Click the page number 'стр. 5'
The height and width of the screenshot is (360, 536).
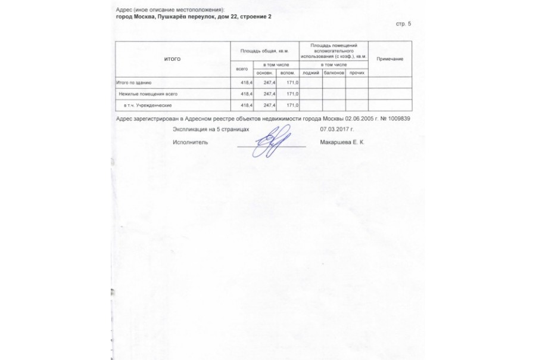coord(403,24)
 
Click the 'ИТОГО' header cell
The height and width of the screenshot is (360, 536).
coord(172,58)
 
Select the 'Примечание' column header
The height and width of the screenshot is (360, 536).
coord(390,58)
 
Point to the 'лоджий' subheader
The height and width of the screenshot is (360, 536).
coord(311,73)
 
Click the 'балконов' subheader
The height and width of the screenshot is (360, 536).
coord(334,73)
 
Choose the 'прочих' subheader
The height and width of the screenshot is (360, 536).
coord(357,73)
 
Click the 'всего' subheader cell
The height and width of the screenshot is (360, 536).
coord(242,69)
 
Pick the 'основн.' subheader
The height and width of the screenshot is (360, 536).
coord(264,73)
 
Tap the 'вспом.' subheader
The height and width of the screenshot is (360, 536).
coord(288,73)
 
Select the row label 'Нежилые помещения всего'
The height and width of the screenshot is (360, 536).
coord(148,94)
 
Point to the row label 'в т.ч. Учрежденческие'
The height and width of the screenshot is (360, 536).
coord(147,105)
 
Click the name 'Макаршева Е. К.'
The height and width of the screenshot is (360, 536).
coord(342,142)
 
